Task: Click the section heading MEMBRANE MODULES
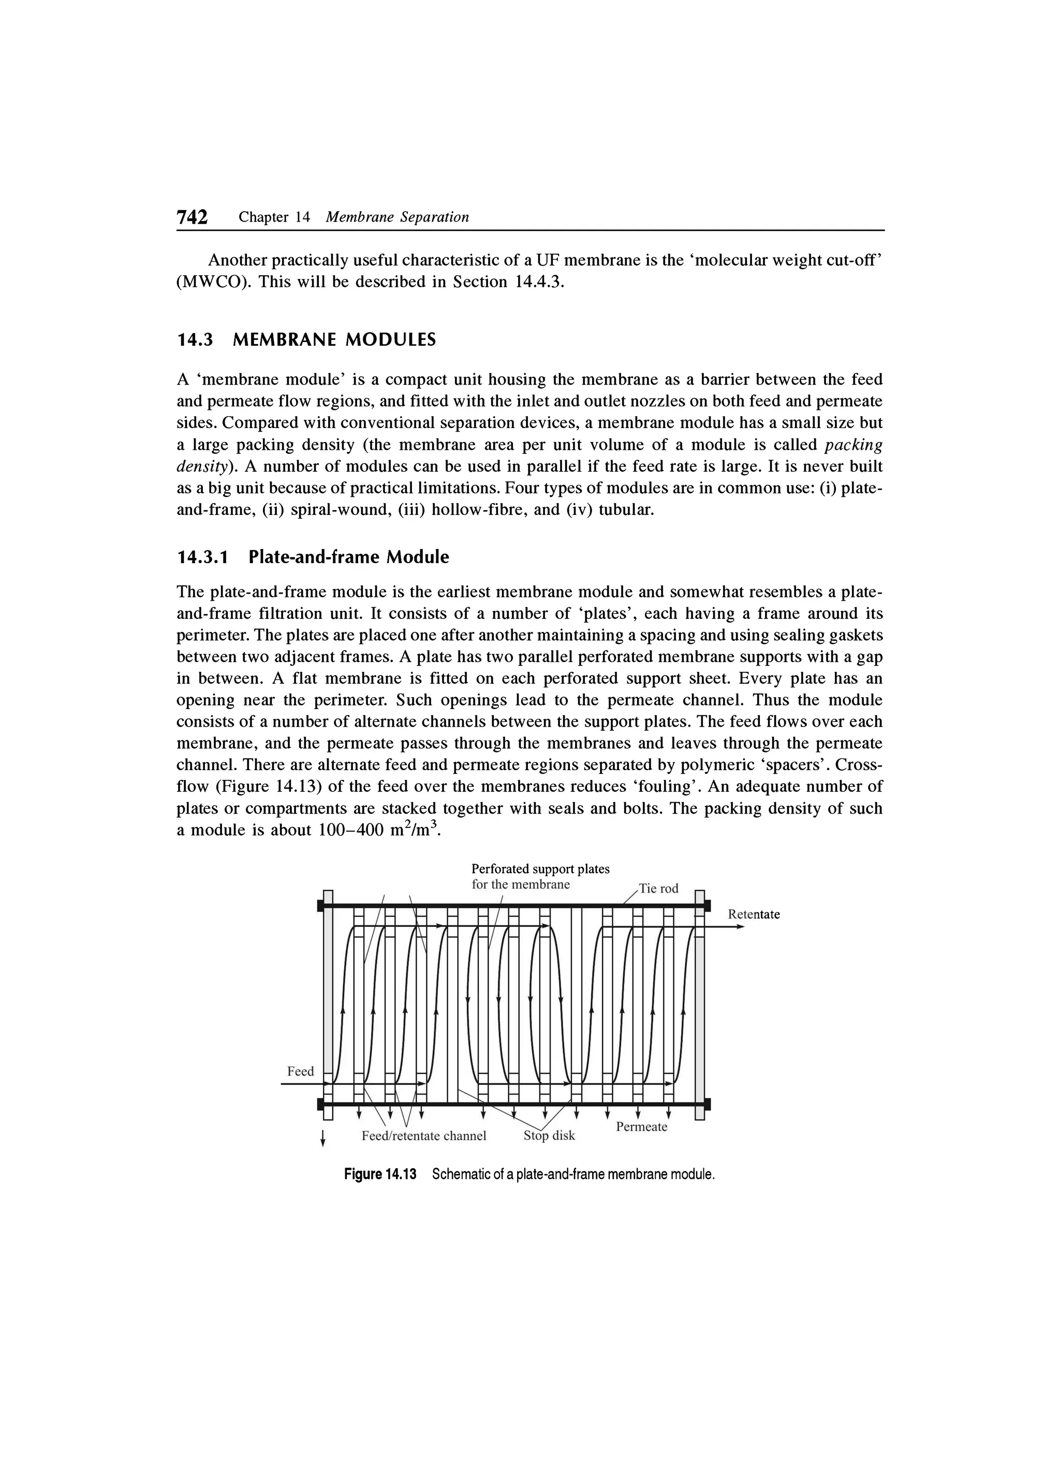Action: (334, 340)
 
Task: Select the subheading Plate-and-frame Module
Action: (348, 557)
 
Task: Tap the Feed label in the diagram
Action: (300, 1071)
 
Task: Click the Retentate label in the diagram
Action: (754, 914)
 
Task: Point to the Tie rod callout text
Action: (658, 889)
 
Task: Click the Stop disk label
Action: (549, 1135)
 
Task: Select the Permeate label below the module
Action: (641, 1127)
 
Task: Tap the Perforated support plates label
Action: (540, 869)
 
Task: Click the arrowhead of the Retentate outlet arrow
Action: (740, 926)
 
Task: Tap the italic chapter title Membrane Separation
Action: (397, 217)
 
